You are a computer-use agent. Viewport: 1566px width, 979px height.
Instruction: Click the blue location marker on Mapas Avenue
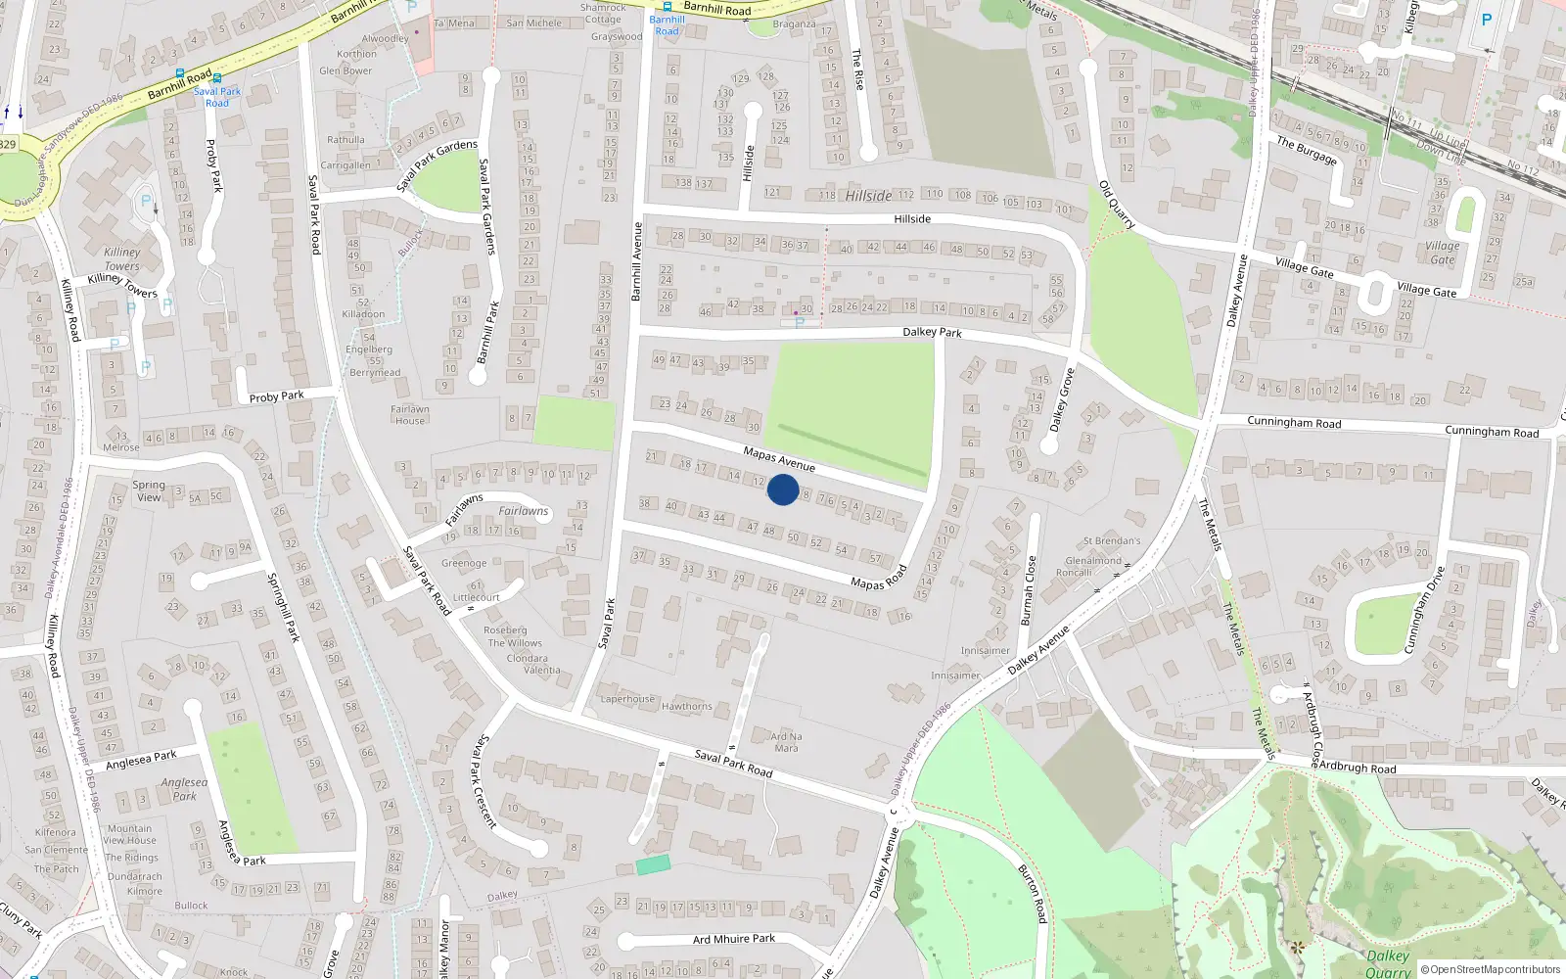[x=783, y=489]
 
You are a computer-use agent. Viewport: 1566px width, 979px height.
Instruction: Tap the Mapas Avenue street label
[x=779, y=458]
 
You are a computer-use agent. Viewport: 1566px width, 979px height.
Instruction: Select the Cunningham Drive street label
[x=1424, y=609]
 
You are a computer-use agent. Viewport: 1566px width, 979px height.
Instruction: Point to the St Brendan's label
[x=1112, y=540]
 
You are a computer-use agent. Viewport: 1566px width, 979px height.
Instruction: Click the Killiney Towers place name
[x=122, y=259]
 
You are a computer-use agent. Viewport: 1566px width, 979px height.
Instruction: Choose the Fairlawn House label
[x=410, y=415]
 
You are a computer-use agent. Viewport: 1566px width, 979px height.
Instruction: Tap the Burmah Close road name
[x=1028, y=590]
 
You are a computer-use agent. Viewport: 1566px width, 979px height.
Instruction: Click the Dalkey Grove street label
[x=1062, y=399]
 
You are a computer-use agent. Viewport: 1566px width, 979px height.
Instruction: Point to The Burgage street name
[x=1307, y=150]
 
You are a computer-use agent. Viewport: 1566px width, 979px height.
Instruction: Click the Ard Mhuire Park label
[x=734, y=939]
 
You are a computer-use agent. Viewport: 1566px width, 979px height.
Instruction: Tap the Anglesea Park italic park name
[x=185, y=789]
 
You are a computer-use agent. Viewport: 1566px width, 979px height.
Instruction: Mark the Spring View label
[x=149, y=490]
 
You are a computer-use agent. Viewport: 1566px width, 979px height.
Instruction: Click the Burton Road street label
[x=1033, y=894]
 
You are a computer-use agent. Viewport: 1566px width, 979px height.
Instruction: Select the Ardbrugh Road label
[x=1358, y=768]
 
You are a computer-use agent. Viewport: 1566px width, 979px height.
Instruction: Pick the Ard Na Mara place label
[x=786, y=742]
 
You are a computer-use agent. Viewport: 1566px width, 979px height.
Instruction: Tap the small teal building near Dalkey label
[x=653, y=864]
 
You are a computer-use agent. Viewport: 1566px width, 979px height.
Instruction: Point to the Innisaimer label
[x=985, y=650]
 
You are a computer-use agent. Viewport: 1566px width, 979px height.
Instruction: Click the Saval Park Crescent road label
[x=486, y=781]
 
